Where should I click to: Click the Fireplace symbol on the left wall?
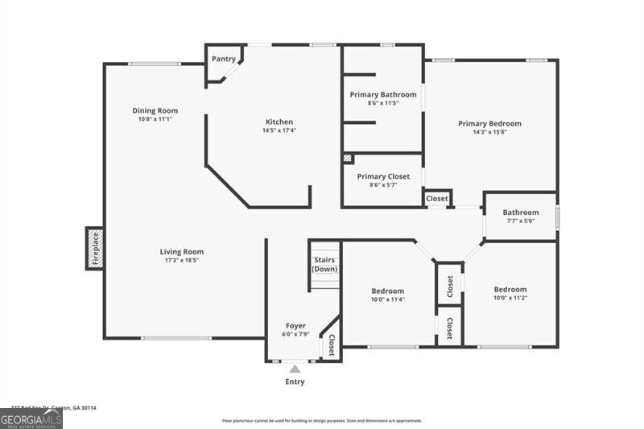[94, 248]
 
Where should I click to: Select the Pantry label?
[223, 59]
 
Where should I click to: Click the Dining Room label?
[155, 110]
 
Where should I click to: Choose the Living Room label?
[181, 251]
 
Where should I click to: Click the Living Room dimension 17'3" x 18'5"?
[181, 260]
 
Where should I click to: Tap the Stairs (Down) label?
[324, 264]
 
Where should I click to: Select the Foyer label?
[295, 325]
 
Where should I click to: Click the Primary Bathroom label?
[382, 94]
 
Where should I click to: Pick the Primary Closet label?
[383, 176]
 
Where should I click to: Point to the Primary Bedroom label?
[489, 123]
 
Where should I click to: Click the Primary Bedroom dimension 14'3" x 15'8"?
[489, 132]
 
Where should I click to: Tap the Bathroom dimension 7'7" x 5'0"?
[521, 221]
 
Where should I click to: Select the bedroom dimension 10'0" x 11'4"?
[387, 299]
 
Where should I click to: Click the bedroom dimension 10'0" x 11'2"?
[510, 298]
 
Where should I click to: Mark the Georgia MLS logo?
[31, 419]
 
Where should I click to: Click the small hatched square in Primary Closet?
[348, 159]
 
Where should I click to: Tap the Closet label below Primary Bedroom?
[437, 198]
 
